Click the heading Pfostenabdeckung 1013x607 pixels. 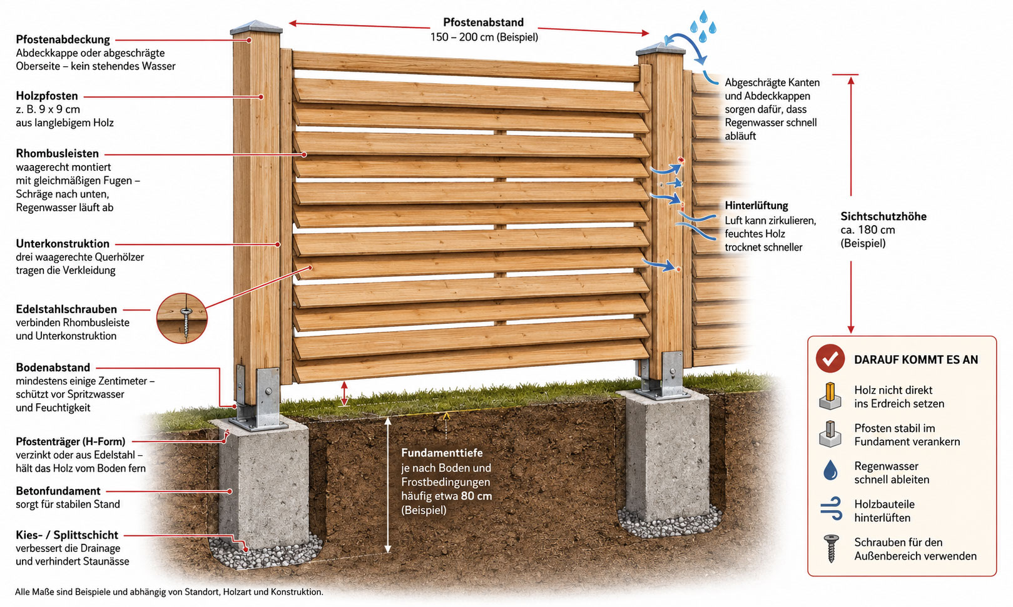63,40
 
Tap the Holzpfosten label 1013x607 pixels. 47,96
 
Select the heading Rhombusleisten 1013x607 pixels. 58,154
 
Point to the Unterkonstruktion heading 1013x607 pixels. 63,244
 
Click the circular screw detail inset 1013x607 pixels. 182,318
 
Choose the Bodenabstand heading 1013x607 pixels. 53,368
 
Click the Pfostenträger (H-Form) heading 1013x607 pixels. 71,441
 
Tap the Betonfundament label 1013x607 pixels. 58,491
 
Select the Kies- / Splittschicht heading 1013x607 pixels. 67,535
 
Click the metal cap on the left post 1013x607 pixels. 256,27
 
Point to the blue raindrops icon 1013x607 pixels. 703,27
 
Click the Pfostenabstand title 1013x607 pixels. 484,22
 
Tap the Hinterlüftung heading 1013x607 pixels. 756,206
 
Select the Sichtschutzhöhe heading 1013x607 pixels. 883,216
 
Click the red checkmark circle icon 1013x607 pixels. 830,358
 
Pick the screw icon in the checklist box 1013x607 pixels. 831,548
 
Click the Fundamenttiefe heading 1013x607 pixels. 442,453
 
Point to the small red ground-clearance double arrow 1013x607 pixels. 345,394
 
